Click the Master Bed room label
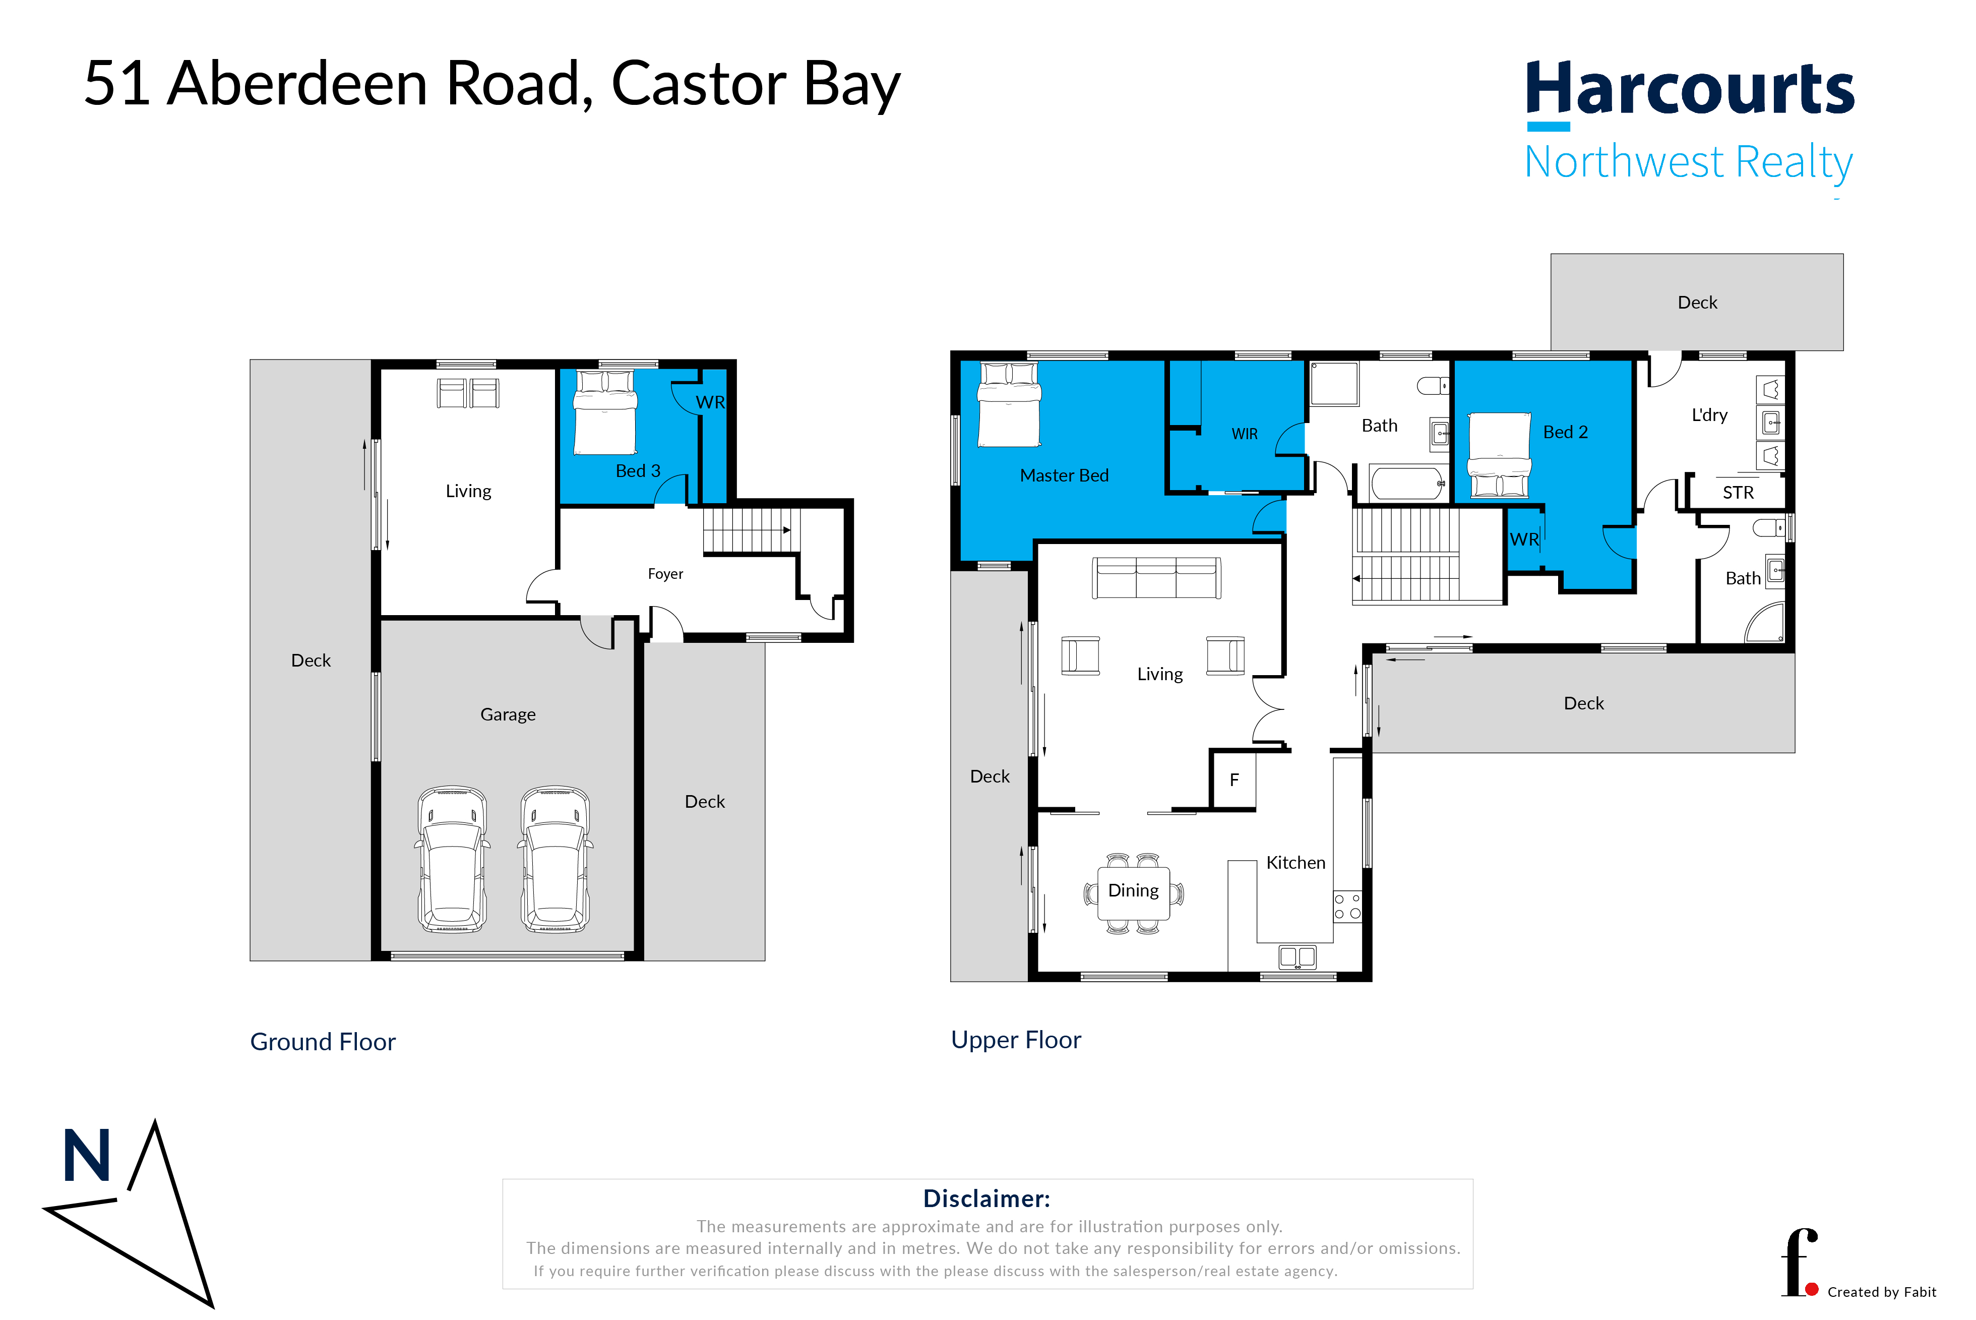(1064, 475)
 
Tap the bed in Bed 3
(604, 412)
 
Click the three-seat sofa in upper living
(1156, 578)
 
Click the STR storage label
(1738, 493)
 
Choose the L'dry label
(1709, 415)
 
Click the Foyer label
(665, 574)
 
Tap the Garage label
(508, 715)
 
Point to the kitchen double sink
(1297, 956)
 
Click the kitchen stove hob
(1346, 907)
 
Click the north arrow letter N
(87, 1156)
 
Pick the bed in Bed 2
(1499, 455)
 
